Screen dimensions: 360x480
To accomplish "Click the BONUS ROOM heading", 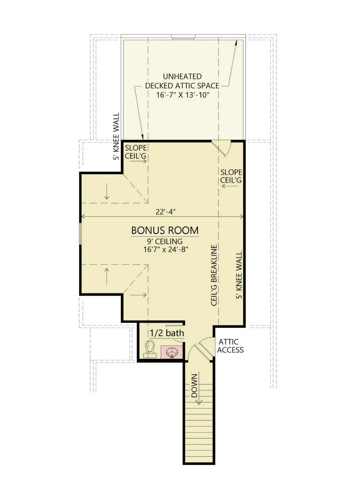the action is click(x=165, y=230).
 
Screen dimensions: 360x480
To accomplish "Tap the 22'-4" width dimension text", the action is click(x=166, y=212).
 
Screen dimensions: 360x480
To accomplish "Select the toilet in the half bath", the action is click(x=150, y=349).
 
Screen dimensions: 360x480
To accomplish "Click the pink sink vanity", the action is click(x=172, y=352).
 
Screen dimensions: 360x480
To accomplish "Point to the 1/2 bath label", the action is click(x=167, y=333).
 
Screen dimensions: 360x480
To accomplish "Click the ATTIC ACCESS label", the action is click(x=230, y=346).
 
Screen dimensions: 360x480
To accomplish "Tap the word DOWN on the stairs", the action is click(x=194, y=385).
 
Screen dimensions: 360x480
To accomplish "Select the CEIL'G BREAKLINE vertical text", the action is click(x=214, y=275).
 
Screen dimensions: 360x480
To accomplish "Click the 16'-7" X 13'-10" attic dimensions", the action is click(x=183, y=95).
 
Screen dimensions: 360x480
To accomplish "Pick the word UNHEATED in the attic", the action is click(x=182, y=76).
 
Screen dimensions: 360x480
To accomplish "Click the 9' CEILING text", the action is click(x=165, y=241).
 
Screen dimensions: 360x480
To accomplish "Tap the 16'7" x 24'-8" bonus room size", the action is click(x=166, y=249).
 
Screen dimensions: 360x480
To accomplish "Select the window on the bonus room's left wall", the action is click(x=80, y=233).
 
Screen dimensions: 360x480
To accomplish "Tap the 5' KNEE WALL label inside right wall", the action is click(x=239, y=275).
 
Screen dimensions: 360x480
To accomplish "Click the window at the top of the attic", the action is click(x=183, y=37).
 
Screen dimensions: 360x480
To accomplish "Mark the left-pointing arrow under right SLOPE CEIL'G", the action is click(x=230, y=186).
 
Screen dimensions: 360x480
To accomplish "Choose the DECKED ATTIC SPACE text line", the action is click(x=182, y=86).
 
